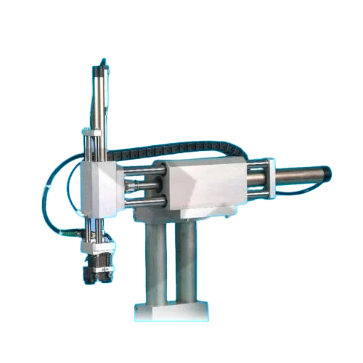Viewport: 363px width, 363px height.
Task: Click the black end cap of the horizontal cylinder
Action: click(327, 174)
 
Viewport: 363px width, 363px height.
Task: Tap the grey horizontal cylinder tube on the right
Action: click(298, 175)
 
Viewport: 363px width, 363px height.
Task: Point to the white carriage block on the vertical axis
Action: click(99, 188)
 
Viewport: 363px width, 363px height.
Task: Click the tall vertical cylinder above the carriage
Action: click(99, 98)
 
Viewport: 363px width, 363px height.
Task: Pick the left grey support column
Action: click(155, 261)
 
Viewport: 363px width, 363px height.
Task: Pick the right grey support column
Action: click(187, 261)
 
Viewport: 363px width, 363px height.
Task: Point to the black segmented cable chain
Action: click(174, 150)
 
